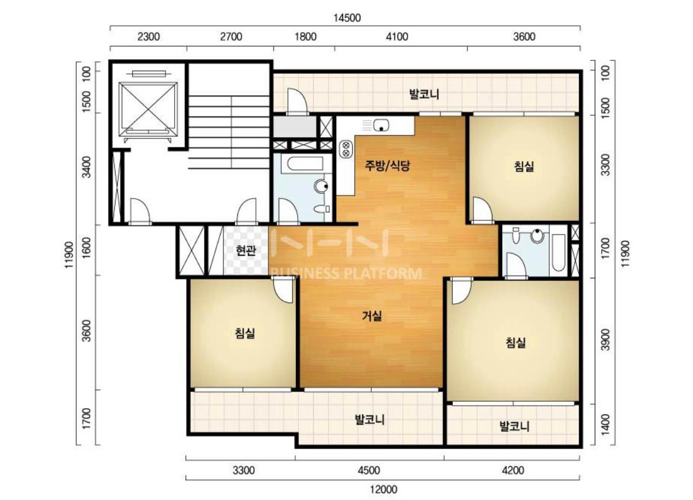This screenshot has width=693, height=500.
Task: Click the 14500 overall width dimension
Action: point(347,18)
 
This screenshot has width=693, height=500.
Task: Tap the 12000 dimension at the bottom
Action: point(384,490)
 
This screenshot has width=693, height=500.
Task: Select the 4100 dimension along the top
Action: point(397,37)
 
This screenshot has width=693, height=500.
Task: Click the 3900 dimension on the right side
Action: point(606,340)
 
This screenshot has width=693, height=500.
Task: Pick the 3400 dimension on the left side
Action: point(87,167)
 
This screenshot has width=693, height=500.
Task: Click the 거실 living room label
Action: point(372,316)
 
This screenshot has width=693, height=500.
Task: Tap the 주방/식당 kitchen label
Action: point(387,166)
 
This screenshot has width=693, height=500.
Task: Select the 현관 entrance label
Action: point(246,250)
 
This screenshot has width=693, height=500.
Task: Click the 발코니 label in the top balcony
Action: point(424,94)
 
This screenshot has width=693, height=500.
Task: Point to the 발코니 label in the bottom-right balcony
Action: point(514,426)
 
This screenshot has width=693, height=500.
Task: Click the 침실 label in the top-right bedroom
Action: point(524,166)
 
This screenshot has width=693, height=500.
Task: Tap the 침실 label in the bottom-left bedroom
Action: point(245,334)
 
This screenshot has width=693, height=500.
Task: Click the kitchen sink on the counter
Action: point(381,126)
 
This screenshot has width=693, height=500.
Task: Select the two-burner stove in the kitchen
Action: point(346,149)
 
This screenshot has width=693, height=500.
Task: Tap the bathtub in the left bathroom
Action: point(302,164)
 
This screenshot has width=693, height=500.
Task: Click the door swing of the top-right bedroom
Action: point(482,209)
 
